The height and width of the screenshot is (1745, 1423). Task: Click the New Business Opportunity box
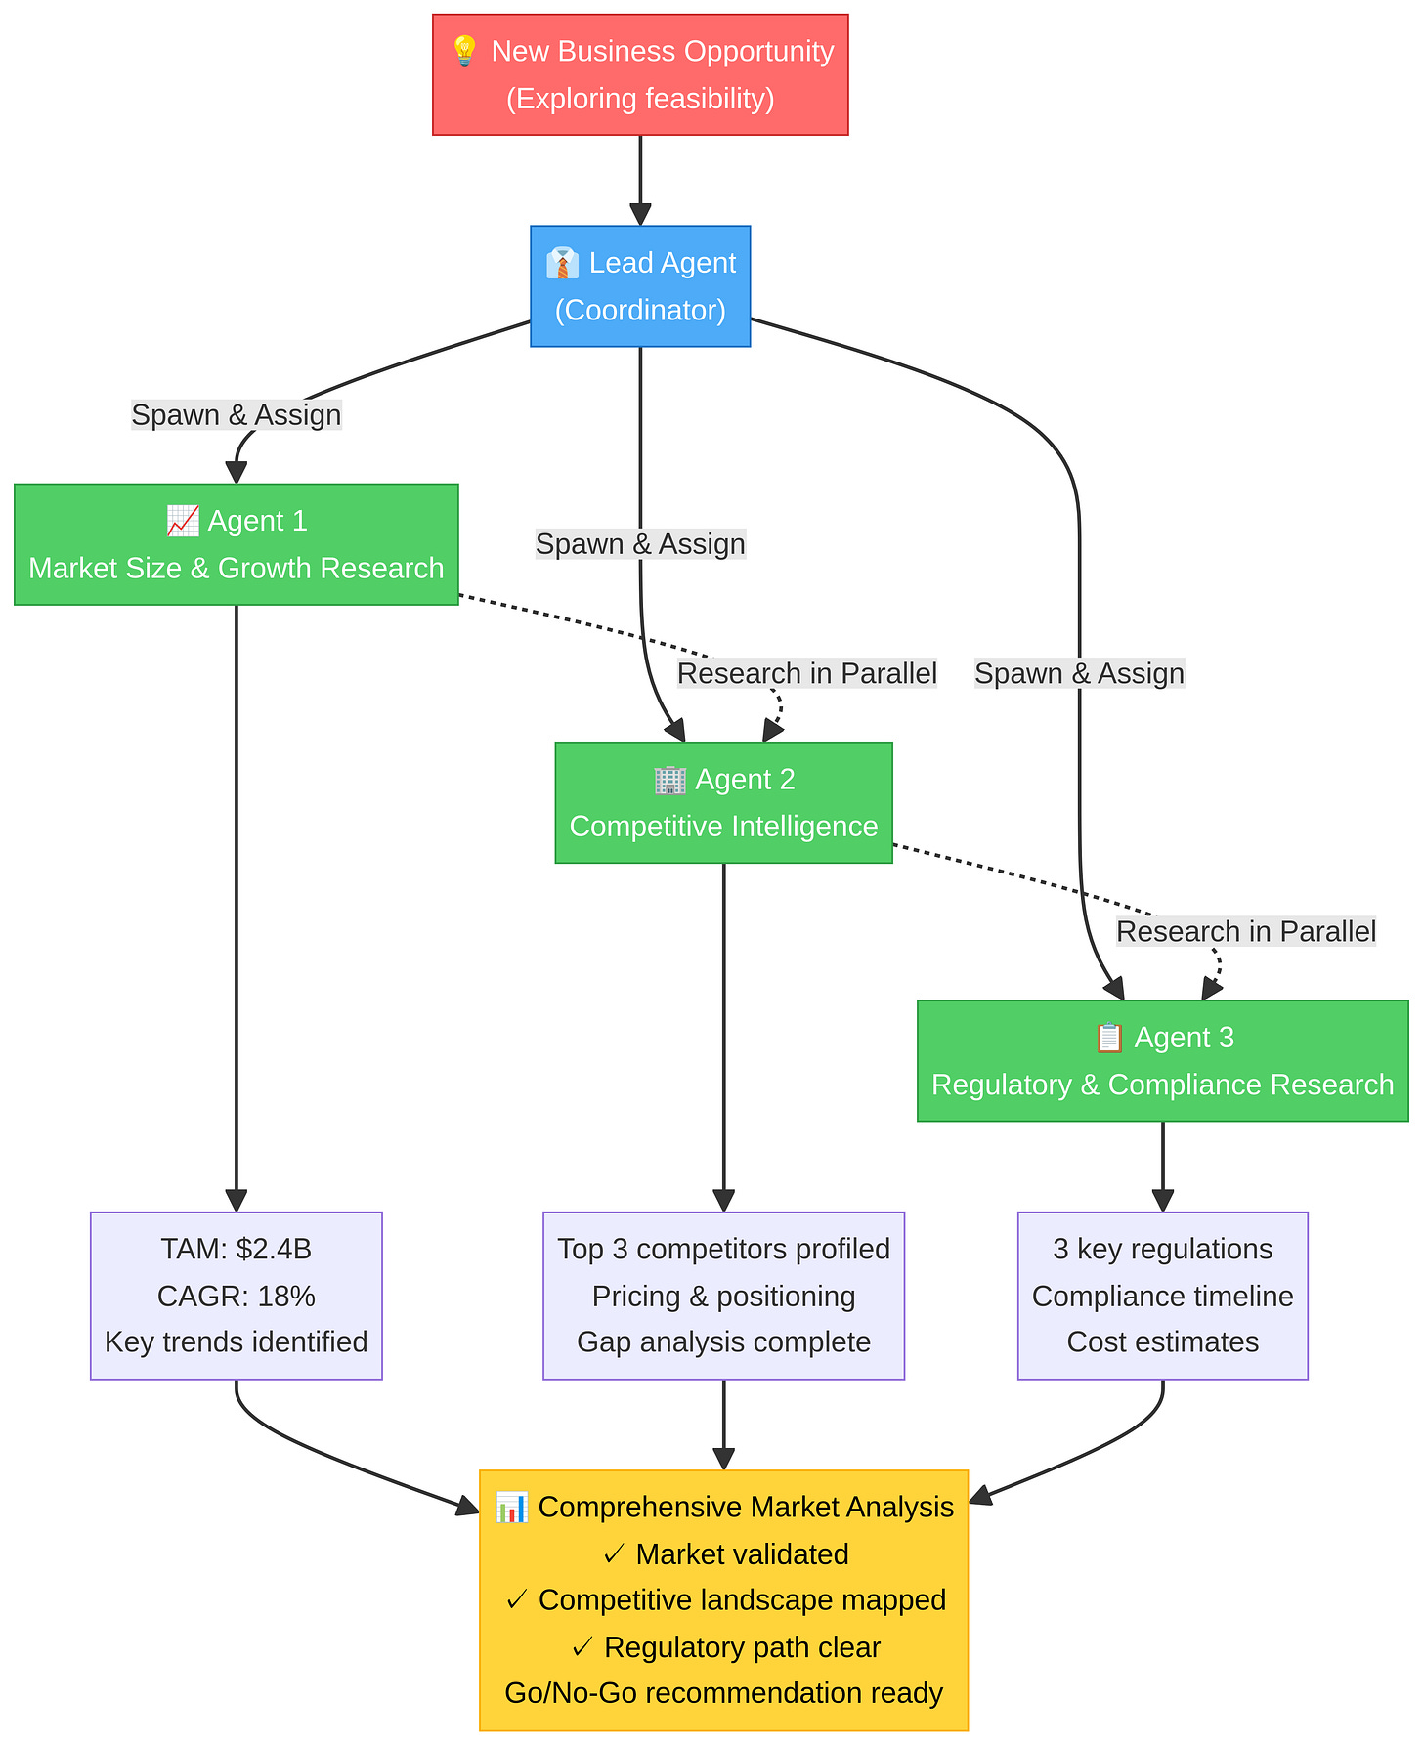[640, 74]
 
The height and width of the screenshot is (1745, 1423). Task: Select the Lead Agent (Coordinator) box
[640, 286]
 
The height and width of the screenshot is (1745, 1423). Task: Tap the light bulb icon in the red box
[464, 51]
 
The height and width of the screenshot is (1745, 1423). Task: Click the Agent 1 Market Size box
[236, 544]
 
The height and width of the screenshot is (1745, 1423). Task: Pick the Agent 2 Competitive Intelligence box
[723, 802]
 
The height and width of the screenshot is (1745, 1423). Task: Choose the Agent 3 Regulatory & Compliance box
[1162, 1060]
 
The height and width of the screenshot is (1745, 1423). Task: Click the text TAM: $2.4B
[236, 1249]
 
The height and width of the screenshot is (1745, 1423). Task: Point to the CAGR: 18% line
[236, 1296]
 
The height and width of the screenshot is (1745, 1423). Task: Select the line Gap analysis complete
[723, 1341]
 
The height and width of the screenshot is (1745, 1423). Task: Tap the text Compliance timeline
[1162, 1296]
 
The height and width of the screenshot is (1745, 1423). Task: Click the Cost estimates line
[1162, 1341]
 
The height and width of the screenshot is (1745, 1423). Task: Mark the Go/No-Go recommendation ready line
[723, 1692]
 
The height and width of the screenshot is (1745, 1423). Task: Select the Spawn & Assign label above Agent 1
[236, 414]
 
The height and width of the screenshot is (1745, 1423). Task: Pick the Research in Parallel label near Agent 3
[1245, 931]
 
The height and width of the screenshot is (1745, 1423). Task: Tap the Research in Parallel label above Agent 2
[806, 673]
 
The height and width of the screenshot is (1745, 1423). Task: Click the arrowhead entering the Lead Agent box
[640, 215]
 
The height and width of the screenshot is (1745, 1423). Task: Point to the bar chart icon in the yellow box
[511, 1507]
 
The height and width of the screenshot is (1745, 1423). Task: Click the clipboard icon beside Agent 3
[1108, 1037]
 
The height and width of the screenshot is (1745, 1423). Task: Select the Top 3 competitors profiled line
[723, 1249]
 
